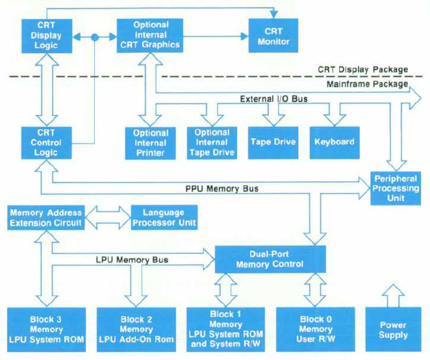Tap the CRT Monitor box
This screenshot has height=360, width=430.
pos(276,36)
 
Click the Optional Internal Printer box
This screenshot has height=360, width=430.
pos(151,142)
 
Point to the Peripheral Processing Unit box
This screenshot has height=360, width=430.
pos(396,188)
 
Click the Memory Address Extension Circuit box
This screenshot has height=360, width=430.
pos(45,218)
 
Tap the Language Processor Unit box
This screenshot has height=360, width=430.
pos(164,218)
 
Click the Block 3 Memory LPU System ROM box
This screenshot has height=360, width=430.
pos(45,329)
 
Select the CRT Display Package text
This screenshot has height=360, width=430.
pos(362,69)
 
